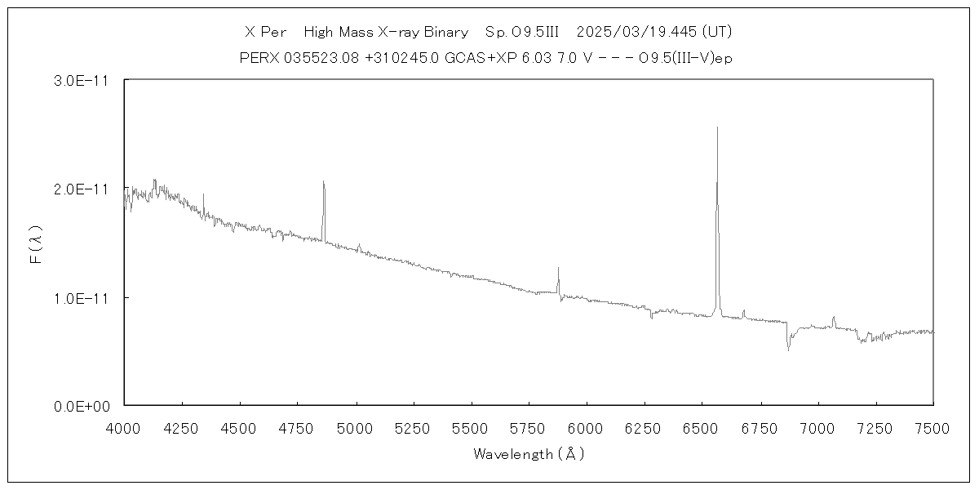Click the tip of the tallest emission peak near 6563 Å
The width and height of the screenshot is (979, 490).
coord(717,127)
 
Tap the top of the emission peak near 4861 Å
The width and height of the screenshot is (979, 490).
coord(323,181)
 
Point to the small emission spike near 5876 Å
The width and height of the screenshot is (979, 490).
coord(558,268)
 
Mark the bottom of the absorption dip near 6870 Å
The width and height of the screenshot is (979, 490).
coord(788,350)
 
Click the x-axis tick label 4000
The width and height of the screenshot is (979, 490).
coord(124,428)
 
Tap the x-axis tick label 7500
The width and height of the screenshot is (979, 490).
coord(932,428)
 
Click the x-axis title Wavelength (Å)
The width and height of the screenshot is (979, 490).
coord(529,454)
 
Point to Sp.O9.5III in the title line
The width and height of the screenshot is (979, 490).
coord(521,32)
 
